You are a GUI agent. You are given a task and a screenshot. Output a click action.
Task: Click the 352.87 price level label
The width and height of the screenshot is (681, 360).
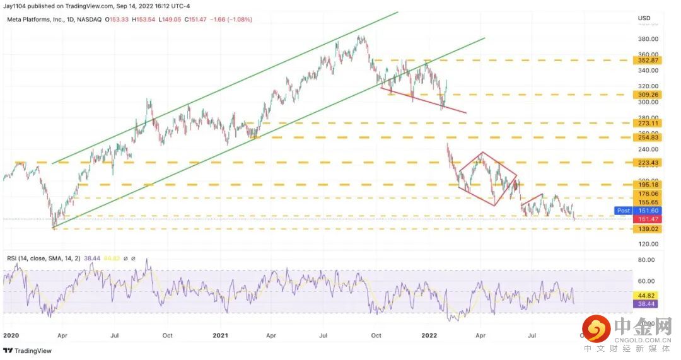[x=649, y=61]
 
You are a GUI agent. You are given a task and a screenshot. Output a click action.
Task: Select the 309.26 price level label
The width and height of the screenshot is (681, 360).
[x=649, y=95]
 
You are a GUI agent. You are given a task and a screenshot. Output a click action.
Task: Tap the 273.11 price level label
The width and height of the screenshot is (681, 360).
[x=649, y=124]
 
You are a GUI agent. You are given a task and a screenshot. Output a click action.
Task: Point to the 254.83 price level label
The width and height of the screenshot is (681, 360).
[x=649, y=137]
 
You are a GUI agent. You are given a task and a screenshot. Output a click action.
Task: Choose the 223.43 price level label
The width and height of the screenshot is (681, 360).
[x=649, y=163]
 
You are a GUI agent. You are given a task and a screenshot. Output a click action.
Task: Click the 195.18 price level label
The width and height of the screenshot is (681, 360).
[x=649, y=185]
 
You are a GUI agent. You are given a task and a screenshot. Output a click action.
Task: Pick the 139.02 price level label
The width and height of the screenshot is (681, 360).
[x=649, y=229]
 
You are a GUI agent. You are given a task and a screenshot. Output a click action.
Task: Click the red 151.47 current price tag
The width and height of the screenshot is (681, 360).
[x=649, y=219]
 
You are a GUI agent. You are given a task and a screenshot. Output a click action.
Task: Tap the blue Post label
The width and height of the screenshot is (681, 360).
[x=623, y=211]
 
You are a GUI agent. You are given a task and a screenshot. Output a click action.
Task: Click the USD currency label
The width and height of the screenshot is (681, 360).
[x=644, y=17]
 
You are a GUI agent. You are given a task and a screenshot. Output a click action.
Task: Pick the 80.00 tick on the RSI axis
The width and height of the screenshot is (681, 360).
[x=647, y=259]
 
